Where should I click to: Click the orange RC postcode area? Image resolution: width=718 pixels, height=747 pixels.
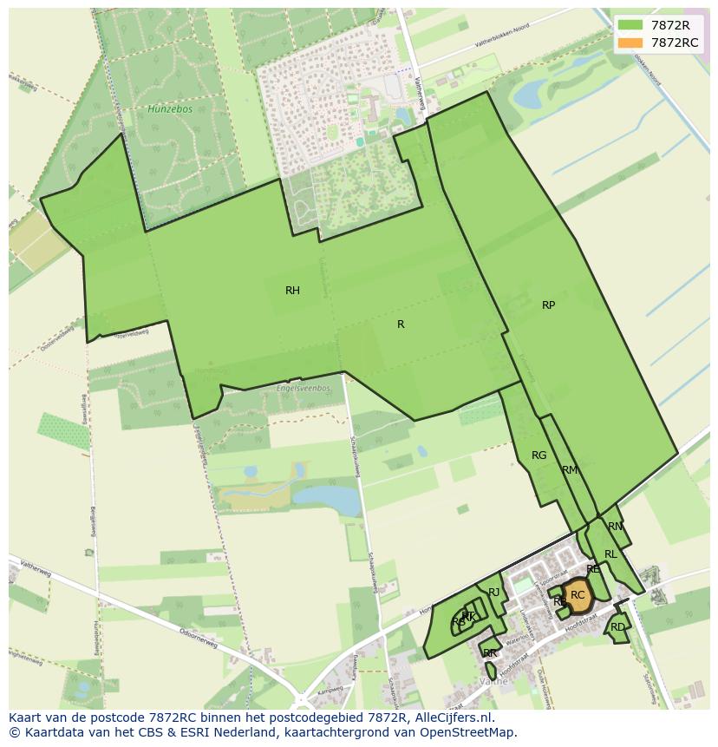click(578, 596)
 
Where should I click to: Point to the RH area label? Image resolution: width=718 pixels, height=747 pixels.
click(292, 291)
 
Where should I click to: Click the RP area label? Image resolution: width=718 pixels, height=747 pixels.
click(548, 305)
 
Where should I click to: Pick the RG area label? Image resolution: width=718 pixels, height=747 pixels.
click(538, 455)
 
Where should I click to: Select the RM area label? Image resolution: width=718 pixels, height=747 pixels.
click(569, 470)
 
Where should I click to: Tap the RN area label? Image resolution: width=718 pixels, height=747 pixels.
click(615, 527)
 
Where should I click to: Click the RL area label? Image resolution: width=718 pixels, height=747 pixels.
click(610, 554)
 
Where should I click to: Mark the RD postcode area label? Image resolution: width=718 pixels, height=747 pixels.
click(617, 627)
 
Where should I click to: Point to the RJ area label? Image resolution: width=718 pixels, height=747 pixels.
click(494, 593)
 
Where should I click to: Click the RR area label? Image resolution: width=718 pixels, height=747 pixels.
click(490, 653)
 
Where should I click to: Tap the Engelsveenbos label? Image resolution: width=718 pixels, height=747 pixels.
click(304, 388)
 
